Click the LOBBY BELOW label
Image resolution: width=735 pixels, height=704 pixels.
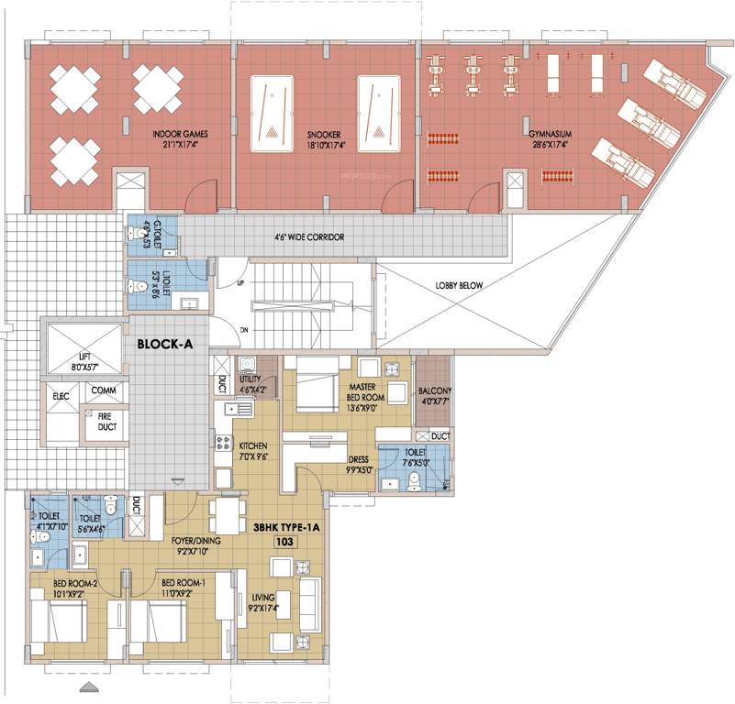point(459,285)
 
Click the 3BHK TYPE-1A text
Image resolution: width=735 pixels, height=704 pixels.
point(285,528)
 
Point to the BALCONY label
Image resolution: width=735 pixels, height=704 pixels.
point(434,392)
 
